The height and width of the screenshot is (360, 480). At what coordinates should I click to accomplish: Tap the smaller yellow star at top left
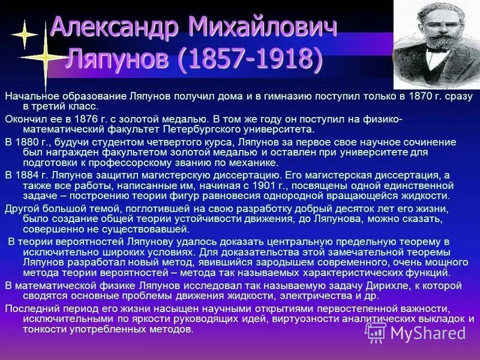point(24,34)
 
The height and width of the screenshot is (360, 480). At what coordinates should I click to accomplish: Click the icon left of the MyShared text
point(376,332)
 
